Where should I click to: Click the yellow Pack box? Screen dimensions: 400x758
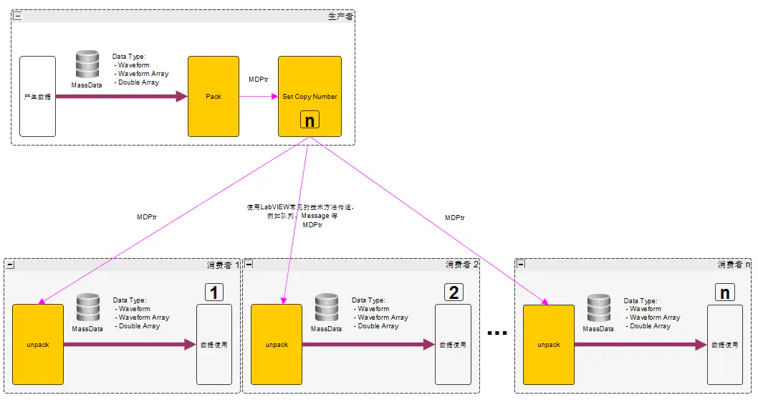pyautogui.click(x=213, y=96)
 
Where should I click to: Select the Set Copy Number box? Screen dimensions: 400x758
pyautogui.click(x=310, y=96)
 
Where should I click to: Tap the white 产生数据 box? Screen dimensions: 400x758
pyautogui.click(x=37, y=96)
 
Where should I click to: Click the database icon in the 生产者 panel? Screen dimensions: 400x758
pyautogui.click(x=87, y=65)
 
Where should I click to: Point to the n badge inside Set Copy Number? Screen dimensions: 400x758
pyautogui.click(x=310, y=120)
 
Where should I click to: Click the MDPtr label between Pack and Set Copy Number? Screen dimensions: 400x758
pyautogui.click(x=258, y=79)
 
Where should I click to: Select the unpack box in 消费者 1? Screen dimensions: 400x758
pyautogui.click(x=38, y=344)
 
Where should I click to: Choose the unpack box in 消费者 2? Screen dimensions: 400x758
pyautogui.click(x=277, y=344)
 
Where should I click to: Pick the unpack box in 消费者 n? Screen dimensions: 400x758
pyautogui.click(x=548, y=344)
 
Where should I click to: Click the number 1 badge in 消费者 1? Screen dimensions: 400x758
pyautogui.click(x=214, y=292)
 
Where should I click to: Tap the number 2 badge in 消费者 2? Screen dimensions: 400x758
pyautogui.click(x=454, y=292)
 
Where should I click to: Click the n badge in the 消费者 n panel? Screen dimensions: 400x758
pyautogui.click(x=724, y=292)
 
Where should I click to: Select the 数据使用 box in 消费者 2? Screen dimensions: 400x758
pyautogui.click(x=453, y=344)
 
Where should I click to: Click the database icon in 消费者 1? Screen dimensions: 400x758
pyautogui.click(x=87, y=308)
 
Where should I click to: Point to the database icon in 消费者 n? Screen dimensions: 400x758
pyautogui.click(x=598, y=308)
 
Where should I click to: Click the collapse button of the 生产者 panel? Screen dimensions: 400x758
pyautogui.click(x=18, y=16)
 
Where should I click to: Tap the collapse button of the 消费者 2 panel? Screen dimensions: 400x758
pyautogui.click(x=249, y=265)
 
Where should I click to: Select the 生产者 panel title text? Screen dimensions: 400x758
pyautogui.click(x=340, y=16)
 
